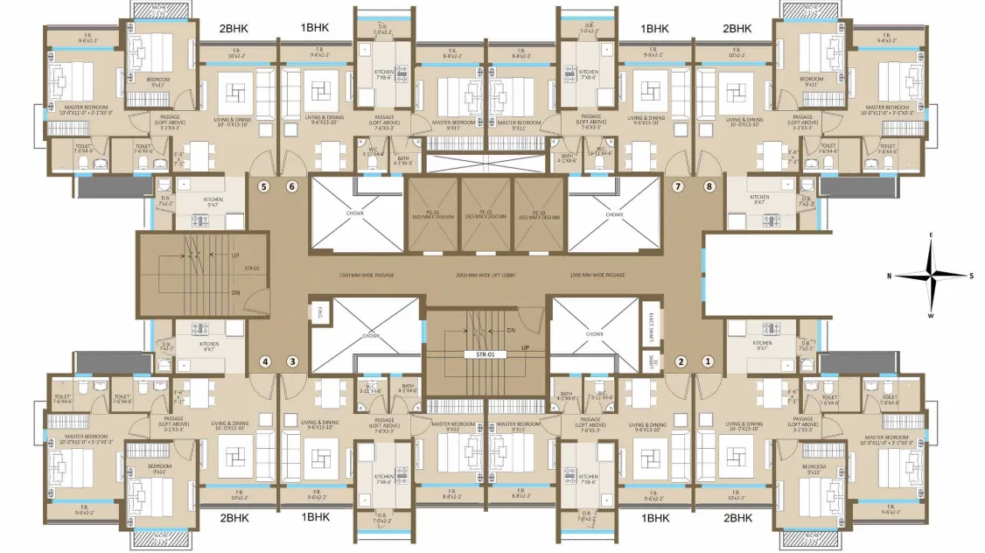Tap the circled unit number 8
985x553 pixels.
click(709, 186)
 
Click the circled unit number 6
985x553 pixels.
click(292, 186)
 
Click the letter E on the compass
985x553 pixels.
click(933, 235)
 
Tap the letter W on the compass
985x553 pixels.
click(933, 316)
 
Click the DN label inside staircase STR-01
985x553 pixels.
click(511, 331)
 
